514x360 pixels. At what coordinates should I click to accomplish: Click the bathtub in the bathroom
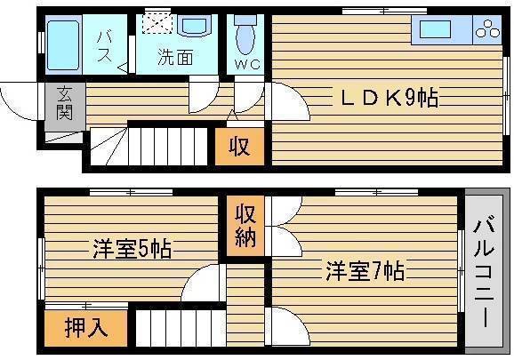pos(63,45)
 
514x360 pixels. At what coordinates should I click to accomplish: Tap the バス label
pos(105,47)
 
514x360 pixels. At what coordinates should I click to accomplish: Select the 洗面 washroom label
pos(175,57)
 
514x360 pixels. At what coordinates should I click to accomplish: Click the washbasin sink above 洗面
pos(195,26)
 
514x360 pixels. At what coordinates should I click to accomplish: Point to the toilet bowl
pos(246,36)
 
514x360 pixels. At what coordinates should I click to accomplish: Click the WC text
pos(247,64)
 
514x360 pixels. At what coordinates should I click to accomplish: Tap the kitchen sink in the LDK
pos(435,29)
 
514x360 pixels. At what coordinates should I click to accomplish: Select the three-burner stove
pos(487,28)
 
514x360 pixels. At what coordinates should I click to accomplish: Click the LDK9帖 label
pos(390,98)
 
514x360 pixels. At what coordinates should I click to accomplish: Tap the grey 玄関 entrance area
pos(65,107)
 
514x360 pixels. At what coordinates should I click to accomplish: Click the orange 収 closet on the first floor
pos(239,146)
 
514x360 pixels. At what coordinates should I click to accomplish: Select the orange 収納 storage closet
pos(245,226)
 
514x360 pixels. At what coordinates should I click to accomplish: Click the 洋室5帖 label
pos(132,249)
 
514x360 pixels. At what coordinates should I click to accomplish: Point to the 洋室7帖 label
pos(365,270)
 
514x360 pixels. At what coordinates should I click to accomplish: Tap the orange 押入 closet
pos(86,328)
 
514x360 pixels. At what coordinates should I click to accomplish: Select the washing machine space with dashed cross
pos(157,24)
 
